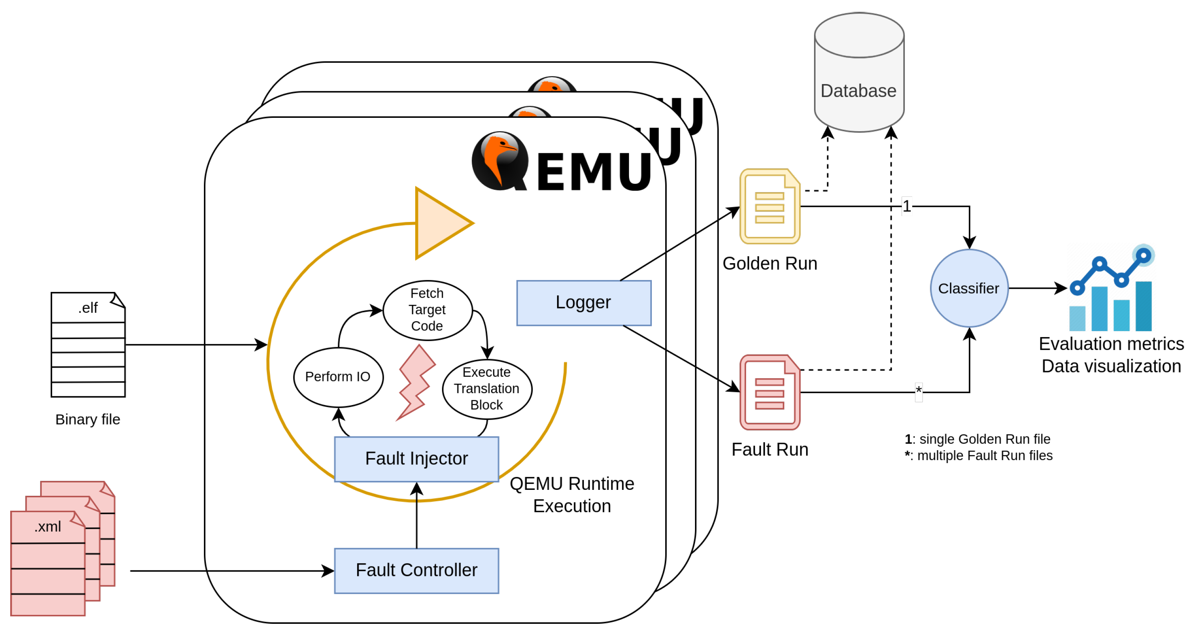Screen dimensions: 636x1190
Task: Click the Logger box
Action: [x=583, y=303]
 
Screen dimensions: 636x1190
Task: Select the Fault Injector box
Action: [x=416, y=459]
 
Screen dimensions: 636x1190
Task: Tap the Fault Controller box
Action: [x=416, y=570]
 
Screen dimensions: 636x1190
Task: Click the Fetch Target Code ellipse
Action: [x=427, y=310]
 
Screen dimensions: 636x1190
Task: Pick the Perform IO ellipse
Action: [x=338, y=377]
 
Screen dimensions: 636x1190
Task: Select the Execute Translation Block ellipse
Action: [x=486, y=389]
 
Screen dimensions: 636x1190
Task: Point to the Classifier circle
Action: [x=969, y=289]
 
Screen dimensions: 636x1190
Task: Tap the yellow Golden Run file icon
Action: [x=770, y=207]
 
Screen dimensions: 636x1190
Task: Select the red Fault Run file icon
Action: [x=770, y=392]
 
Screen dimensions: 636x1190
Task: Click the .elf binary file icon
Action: [x=88, y=345]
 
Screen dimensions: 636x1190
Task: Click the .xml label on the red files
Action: [x=48, y=526]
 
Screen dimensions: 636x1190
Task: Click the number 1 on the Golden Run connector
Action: [x=906, y=206]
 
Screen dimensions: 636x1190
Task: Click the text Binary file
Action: [x=88, y=420]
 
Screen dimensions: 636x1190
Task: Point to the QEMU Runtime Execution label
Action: [x=572, y=495]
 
